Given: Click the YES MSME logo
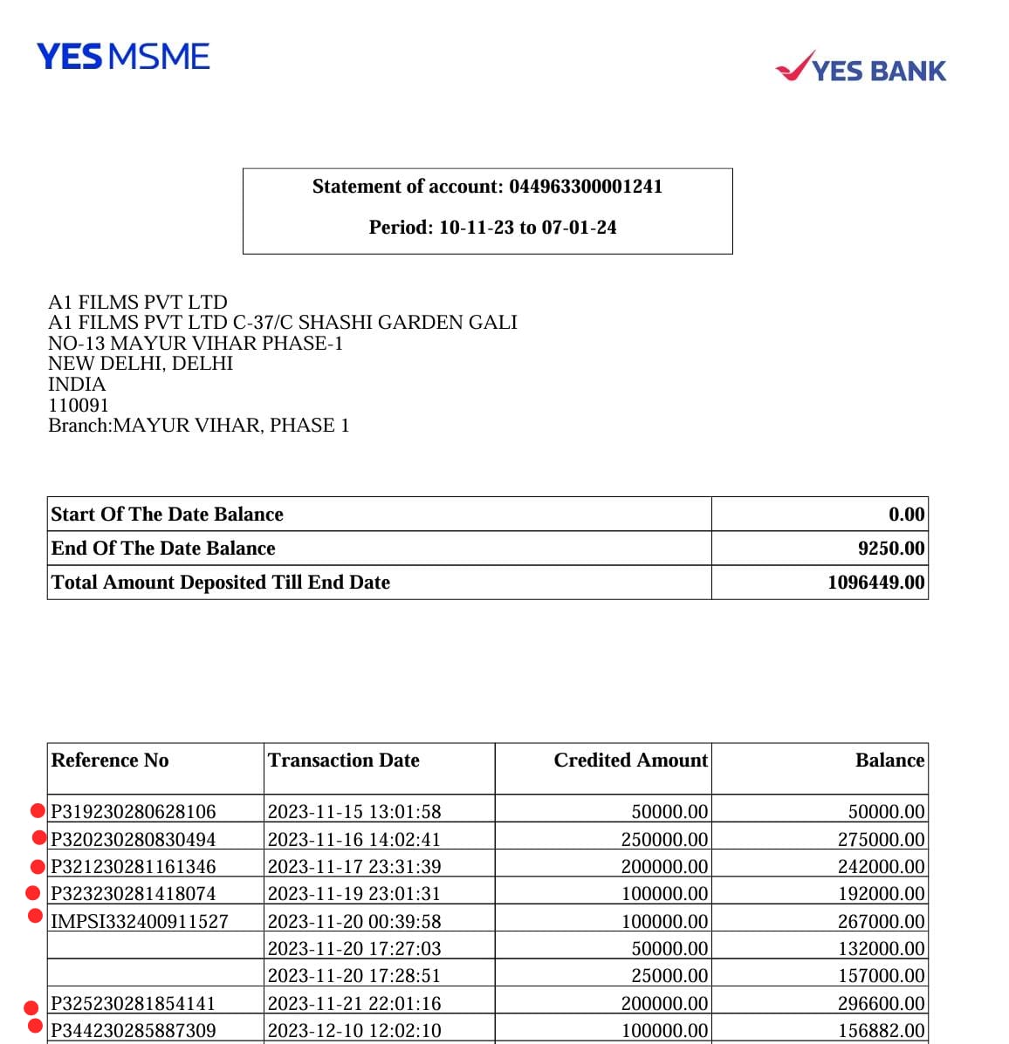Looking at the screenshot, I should [123, 58].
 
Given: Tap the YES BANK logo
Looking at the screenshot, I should [861, 68].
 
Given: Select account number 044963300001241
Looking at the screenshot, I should [586, 187].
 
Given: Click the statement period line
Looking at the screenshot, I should [492, 228].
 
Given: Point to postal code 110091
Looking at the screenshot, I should [79, 405].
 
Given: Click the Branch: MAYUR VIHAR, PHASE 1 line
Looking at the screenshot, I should [198, 426].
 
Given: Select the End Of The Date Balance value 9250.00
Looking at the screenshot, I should [890, 549].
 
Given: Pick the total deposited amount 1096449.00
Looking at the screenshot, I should [875, 583].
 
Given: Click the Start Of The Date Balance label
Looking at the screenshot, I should [167, 515].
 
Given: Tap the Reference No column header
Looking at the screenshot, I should [110, 761].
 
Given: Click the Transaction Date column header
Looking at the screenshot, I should [343, 761].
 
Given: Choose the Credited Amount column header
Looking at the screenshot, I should [630, 761].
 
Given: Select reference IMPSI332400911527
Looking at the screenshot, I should [140, 921].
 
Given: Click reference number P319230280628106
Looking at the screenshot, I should [133, 812].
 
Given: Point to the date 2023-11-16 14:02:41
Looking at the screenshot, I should [353, 839].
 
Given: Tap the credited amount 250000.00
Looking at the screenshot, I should [664, 839].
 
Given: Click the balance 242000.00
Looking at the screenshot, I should [881, 867].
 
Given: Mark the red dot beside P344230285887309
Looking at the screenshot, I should [35, 1027].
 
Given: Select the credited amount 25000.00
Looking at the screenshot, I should [669, 976].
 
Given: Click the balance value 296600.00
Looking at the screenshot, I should [881, 1004].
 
